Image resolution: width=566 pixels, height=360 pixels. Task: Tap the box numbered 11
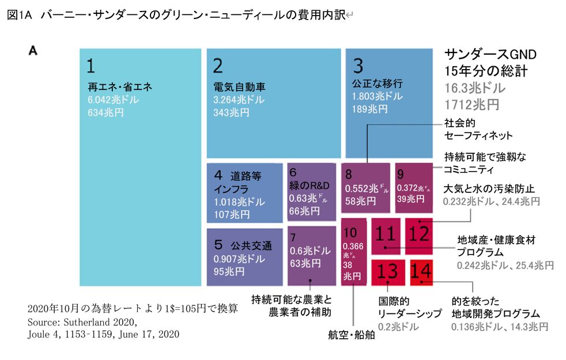coord(386,234)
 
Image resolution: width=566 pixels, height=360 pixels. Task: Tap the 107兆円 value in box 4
coord(231,214)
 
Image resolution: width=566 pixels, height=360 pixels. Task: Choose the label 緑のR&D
coord(309,186)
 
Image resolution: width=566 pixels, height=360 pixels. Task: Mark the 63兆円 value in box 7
coord(306,263)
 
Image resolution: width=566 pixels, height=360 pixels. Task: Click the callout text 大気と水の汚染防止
coord(489,188)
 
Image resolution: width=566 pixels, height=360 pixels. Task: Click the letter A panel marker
coord(33,51)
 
